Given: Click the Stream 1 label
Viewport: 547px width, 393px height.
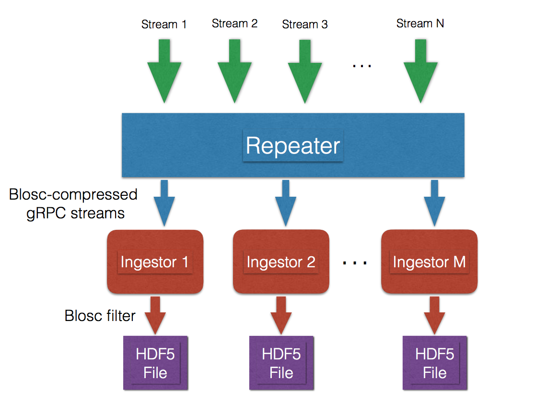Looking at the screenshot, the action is tap(164, 24).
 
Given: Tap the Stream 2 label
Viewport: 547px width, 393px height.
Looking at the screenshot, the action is tap(234, 24).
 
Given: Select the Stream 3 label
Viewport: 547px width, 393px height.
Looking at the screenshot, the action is tap(305, 24).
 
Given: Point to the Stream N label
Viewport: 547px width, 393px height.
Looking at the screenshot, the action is tap(420, 24).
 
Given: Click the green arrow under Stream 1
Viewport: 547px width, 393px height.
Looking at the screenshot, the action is tap(164, 71).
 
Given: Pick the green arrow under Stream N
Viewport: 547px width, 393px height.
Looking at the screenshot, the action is tap(421, 71).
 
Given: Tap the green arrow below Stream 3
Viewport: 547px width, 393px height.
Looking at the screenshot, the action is tap(305, 71).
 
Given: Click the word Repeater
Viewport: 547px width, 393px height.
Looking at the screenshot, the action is tap(293, 146).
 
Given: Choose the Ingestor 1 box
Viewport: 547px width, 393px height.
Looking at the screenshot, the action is tap(155, 262).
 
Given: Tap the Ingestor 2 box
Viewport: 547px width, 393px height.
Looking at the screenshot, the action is tap(281, 262).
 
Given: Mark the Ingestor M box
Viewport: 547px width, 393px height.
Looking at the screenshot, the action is tap(430, 262).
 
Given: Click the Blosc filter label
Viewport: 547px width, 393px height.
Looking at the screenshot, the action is tap(100, 316).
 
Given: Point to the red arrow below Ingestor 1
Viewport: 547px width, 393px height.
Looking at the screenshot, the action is tap(155, 315).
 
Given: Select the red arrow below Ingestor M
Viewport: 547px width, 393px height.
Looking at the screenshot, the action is tap(434, 315).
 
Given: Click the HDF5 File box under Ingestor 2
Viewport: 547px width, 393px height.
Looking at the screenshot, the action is tap(281, 363).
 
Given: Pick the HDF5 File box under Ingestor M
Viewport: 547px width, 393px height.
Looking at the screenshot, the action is tap(435, 363).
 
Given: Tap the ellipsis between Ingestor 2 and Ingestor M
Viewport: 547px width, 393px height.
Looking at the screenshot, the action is tap(355, 262).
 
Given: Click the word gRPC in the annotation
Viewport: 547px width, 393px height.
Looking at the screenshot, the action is tap(46, 214).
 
